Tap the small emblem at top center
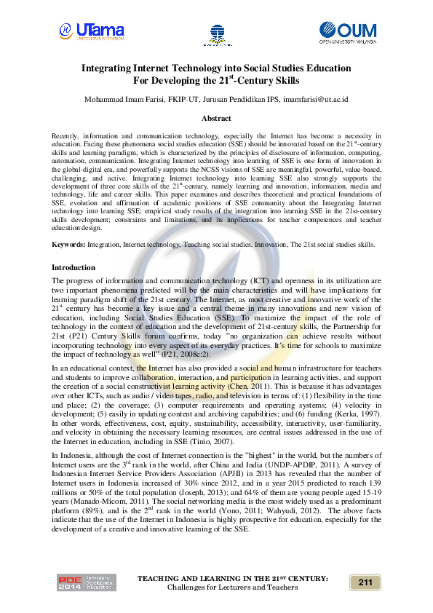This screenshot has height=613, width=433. point(217,32)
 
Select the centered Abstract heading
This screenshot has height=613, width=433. point(216,118)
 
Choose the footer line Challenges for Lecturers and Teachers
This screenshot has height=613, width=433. point(232,587)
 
